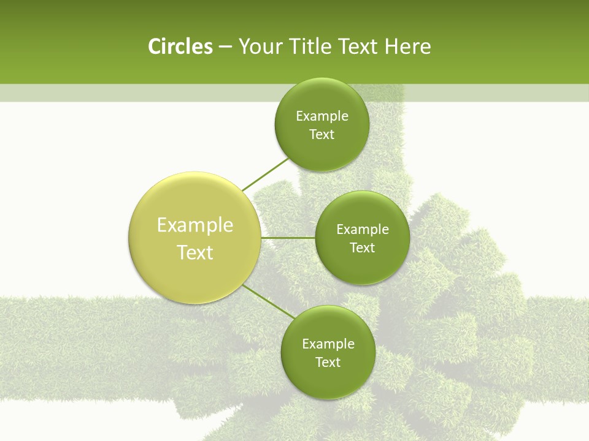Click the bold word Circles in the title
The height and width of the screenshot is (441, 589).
180,47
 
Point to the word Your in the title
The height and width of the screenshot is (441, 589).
260,47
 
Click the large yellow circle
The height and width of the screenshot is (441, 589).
194,238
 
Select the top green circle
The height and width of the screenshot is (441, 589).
321,125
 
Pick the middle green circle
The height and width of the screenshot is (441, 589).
362,238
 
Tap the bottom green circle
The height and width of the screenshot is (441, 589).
328,353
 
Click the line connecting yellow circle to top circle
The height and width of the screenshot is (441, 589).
265,175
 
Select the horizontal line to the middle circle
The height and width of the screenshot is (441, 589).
288,237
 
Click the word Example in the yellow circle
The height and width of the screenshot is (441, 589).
195,225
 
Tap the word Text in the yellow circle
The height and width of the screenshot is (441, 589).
195,252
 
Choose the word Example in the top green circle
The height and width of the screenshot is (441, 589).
322,116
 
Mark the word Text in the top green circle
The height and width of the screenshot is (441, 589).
321,135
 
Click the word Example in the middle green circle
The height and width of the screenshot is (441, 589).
363,230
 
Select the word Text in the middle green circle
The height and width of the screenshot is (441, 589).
362,248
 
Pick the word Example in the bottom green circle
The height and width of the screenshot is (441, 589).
328,344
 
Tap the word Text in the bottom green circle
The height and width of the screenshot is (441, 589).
328,363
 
